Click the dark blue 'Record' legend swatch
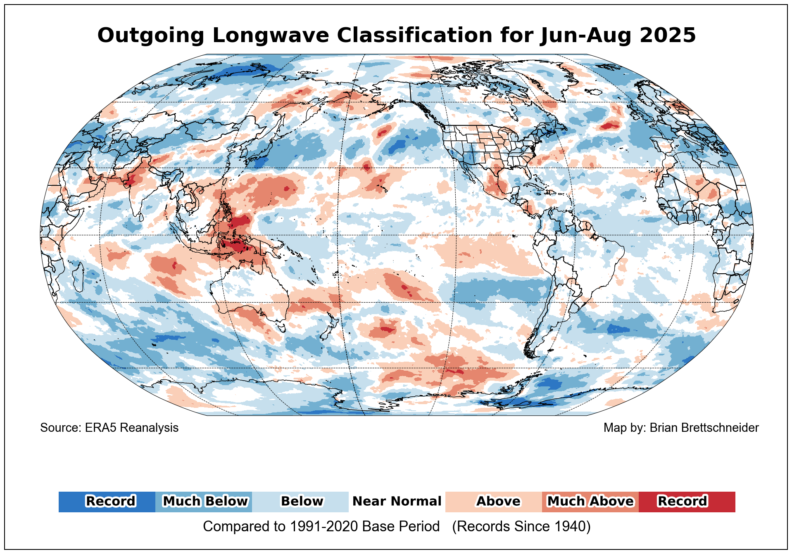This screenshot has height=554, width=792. click(107, 502)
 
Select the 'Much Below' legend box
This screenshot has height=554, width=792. click(204, 502)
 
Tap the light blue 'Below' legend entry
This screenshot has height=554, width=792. click(300, 502)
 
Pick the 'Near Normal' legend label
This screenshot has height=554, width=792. click(397, 502)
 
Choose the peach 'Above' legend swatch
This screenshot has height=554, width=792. click(494, 502)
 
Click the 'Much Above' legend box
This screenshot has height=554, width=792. click(590, 502)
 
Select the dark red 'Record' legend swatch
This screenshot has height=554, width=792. click(687, 502)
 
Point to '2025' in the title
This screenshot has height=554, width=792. click(668, 36)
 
